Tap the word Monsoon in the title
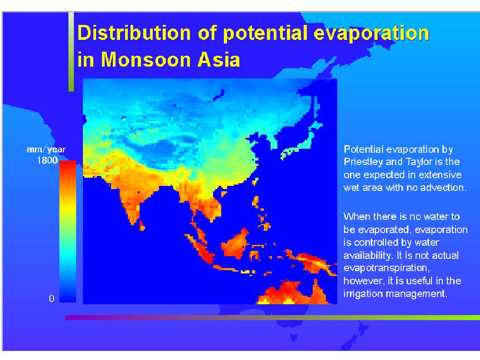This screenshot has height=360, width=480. [x=145, y=59]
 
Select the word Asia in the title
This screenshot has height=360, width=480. [x=218, y=59]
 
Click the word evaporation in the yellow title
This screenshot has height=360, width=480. [x=371, y=34]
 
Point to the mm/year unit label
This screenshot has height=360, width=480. [x=46, y=149]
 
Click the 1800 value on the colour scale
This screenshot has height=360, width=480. [x=47, y=160]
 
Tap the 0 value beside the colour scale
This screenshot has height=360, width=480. [x=51, y=298]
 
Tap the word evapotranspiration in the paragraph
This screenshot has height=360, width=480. [x=386, y=268]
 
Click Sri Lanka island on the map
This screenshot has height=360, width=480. [x=142, y=226]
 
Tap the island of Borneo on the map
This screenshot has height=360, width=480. [x=235, y=243]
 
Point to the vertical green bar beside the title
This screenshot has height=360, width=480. [x=71, y=52]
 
